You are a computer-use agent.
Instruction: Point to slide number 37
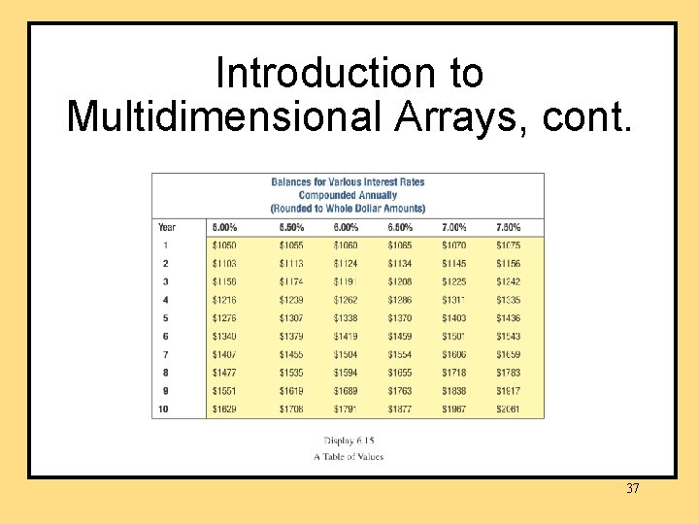click(633, 488)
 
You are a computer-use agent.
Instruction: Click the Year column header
click(167, 227)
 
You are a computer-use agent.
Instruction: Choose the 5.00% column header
click(224, 227)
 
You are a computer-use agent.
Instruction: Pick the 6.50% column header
click(400, 227)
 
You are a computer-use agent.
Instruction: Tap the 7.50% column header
click(508, 227)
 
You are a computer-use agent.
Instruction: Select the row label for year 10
click(164, 409)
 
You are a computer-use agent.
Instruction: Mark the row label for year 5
click(165, 318)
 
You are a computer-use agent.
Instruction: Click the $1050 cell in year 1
click(224, 246)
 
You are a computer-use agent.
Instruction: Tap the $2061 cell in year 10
click(508, 409)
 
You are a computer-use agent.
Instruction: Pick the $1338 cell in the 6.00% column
click(346, 318)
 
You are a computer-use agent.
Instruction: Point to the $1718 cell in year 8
click(454, 373)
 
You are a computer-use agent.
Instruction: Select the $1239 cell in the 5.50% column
click(291, 301)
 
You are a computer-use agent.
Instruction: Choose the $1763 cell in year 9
click(400, 391)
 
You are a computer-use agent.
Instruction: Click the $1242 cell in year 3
click(508, 282)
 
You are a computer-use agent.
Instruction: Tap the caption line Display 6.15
click(349, 442)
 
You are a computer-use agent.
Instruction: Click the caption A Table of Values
click(349, 456)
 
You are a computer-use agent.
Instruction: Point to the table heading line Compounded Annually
click(348, 195)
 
